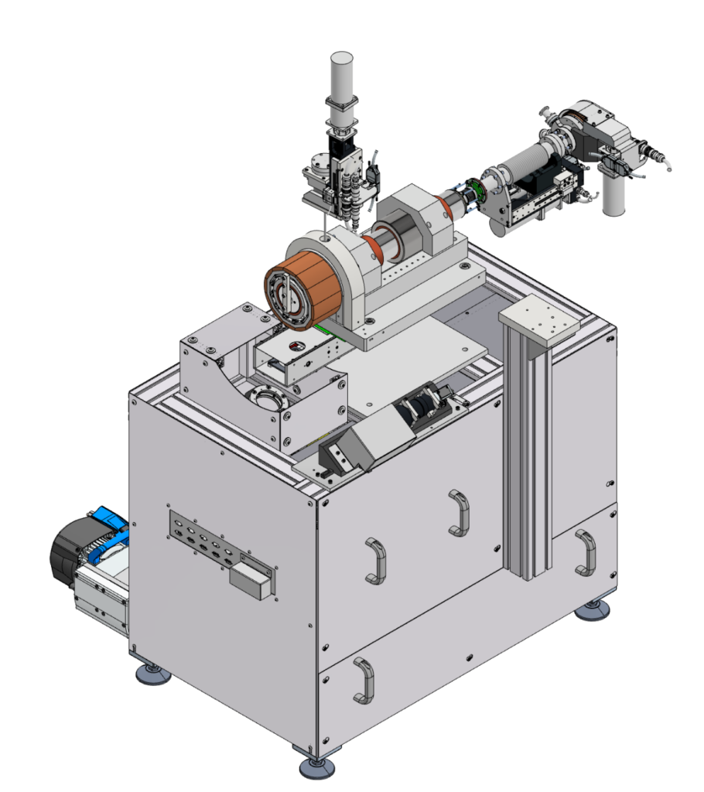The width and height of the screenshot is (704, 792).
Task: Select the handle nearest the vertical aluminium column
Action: click(458, 512)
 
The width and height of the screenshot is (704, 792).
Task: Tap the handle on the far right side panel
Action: click(586, 552)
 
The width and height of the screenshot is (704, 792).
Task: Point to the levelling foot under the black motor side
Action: click(153, 674)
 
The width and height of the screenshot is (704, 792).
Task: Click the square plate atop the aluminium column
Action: click(538, 318)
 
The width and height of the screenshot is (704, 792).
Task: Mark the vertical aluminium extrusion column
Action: click(527, 456)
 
